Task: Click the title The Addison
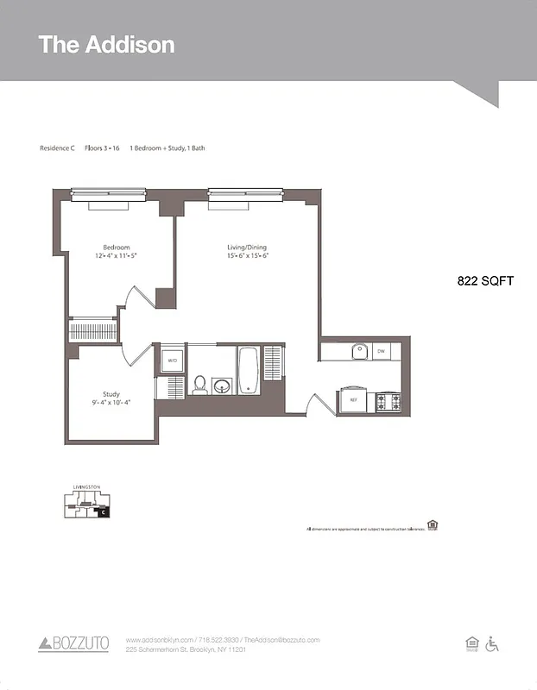point(106,45)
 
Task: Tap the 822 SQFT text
point(485,280)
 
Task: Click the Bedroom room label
point(117,248)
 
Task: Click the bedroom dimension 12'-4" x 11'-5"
point(117,256)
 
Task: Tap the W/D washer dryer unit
point(172,360)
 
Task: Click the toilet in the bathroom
point(199,384)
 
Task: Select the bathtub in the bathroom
point(248,370)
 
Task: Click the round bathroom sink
point(223,385)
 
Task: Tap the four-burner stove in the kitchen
point(388,401)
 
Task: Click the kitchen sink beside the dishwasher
point(360,351)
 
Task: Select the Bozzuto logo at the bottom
point(73,643)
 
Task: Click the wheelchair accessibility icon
point(493,643)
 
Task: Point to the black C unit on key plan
point(103,512)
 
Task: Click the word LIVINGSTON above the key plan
point(86,488)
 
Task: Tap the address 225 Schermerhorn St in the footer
point(186,649)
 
